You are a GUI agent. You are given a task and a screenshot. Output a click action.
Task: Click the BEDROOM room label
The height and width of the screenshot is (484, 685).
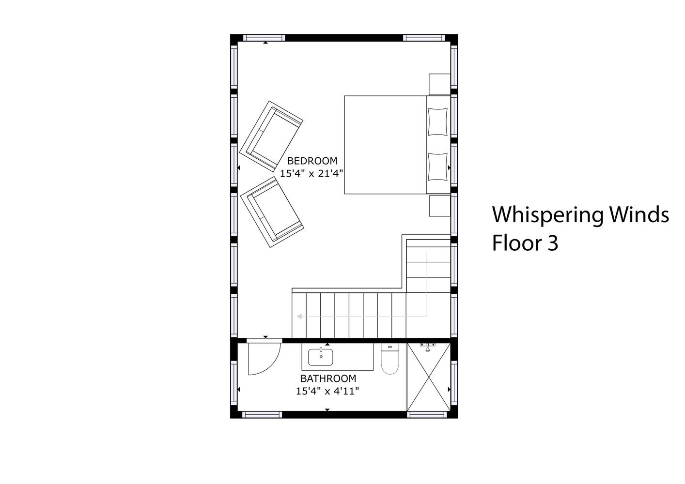click(312, 161)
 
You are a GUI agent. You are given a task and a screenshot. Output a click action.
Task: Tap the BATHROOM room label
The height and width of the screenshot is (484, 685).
click(328, 378)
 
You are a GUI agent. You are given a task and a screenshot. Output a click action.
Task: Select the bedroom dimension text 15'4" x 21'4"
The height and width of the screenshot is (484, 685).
click(311, 174)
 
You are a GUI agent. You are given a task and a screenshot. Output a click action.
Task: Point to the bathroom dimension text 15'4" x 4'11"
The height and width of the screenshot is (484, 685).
click(327, 391)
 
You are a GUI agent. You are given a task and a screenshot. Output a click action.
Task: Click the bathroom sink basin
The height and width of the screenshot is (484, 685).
click(321, 357)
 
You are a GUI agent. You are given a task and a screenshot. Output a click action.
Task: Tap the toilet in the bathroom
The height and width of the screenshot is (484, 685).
click(390, 359)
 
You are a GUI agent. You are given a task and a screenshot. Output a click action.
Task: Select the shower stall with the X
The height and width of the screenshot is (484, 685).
click(429, 377)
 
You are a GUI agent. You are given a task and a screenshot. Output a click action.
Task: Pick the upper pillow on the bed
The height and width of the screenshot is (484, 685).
click(437, 121)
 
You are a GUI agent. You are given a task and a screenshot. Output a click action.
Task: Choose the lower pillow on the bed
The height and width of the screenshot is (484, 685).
click(437, 167)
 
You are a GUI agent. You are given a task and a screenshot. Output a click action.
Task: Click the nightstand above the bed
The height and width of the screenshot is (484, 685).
click(439, 84)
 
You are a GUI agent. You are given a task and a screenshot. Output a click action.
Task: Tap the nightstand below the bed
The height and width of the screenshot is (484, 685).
click(440, 206)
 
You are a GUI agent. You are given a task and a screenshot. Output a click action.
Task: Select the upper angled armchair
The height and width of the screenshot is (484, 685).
click(271, 136)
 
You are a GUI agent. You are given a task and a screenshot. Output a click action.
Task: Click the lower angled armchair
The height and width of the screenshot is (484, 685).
click(272, 212)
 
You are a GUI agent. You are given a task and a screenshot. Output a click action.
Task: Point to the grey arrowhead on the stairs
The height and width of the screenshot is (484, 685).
click(299, 316)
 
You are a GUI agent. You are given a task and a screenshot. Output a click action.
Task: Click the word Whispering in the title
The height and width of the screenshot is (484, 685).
click(548, 216)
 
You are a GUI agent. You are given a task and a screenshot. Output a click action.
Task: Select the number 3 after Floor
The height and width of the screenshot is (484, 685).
click(553, 243)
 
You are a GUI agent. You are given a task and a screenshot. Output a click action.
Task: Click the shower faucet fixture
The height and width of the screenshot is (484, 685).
click(428, 346)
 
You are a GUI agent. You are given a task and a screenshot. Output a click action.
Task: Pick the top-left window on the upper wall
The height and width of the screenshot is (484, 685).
click(264, 38)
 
